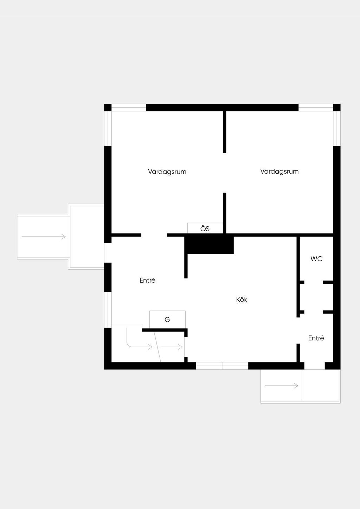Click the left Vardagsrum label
[167, 172]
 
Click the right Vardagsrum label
[279, 171]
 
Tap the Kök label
[242, 299]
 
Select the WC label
[316, 259]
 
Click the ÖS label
[205, 228]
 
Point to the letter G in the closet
[167, 320]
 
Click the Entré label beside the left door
[147, 280]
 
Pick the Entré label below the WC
[316, 338]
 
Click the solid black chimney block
[209, 245]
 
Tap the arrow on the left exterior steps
[44, 237]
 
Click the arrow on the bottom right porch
[281, 385]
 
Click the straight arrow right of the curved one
[172, 347]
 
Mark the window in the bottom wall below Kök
[222, 366]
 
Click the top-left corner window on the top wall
[129, 108]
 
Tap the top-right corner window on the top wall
[316, 108]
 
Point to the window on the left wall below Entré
[108, 310]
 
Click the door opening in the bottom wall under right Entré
[315, 366]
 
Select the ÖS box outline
[205, 223]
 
